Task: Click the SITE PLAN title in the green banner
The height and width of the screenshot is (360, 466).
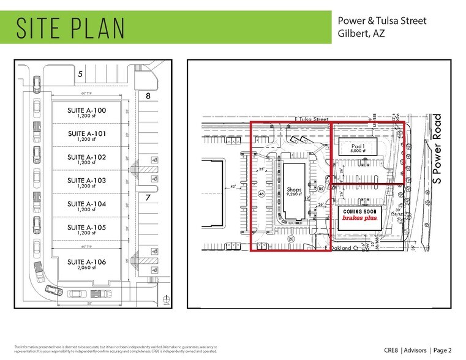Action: coord(71,28)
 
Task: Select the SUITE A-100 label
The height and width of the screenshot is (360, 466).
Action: coord(87,110)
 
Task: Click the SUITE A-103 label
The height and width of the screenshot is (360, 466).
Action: coord(87,181)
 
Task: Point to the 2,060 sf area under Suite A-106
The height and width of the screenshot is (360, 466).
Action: coord(87,268)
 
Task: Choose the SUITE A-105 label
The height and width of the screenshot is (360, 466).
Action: coord(87,227)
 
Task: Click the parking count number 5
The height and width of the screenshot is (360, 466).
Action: coord(80,74)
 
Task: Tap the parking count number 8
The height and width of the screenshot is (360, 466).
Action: coord(148,96)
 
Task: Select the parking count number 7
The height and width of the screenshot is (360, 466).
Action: coord(148,198)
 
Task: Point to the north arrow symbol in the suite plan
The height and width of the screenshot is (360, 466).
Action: coord(166,299)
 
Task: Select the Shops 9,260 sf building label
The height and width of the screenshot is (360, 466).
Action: coord(295,192)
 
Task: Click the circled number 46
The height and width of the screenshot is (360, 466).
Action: coord(261,194)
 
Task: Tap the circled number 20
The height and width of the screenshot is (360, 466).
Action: coord(291,239)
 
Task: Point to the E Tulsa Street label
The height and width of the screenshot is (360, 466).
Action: coord(310,119)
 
